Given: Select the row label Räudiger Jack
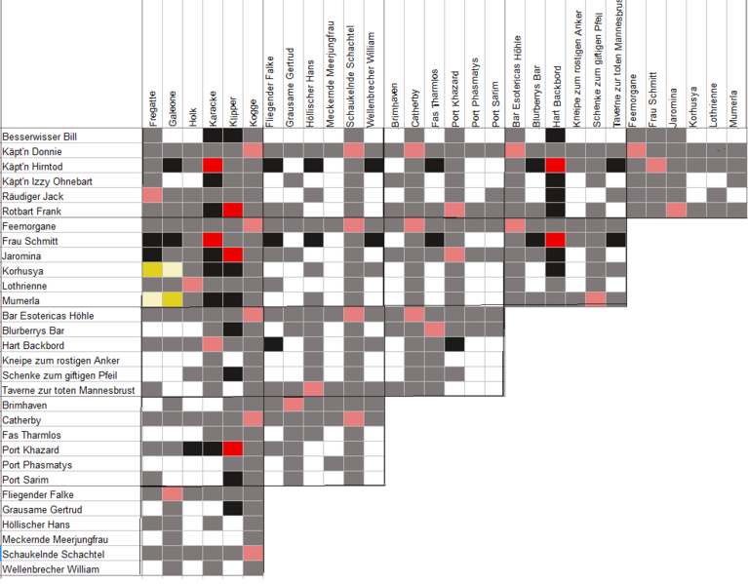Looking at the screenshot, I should tap(33, 196).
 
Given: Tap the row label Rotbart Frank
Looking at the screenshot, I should tap(32, 211).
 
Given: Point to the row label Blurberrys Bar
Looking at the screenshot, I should tap(34, 331).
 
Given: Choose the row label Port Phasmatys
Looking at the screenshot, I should tap(36, 465).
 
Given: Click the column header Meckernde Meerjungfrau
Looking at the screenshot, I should tap(332, 78).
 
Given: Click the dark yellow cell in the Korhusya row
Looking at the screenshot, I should tap(152, 270).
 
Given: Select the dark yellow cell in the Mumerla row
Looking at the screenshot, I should tap(173, 300).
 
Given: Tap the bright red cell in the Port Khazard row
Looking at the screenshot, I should tap(233, 449).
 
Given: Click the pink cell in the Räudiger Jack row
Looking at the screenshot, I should tap(152, 196).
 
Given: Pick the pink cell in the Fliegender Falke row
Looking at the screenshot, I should tap(173, 494).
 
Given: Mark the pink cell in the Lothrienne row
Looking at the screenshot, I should tap(193, 285).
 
